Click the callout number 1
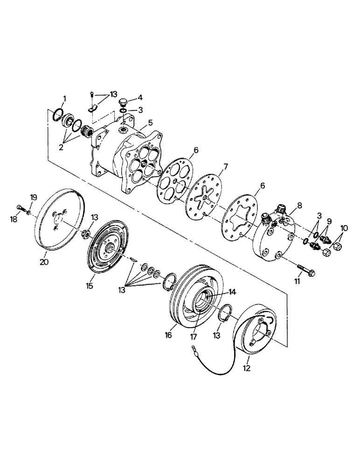[x=65, y=98]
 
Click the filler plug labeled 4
[x=123, y=102]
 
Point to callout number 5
[x=150, y=123]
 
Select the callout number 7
[x=225, y=166]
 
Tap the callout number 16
[x=169, y=335]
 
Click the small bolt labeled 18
[x=19, y=207]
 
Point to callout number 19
[x=34, y=197]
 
